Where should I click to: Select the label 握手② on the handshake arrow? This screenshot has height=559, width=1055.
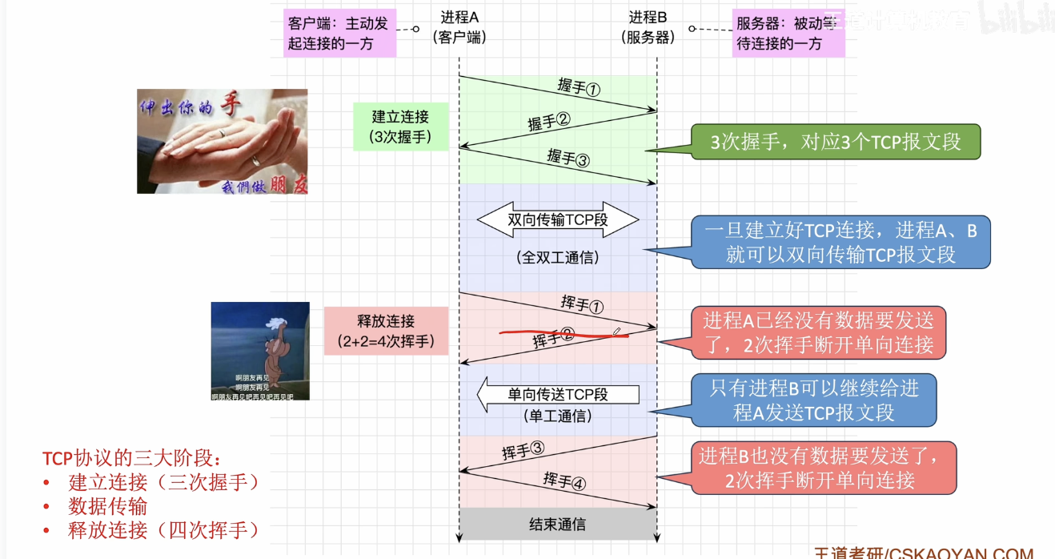point(548,123)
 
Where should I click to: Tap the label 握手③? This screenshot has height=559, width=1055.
point(568,157)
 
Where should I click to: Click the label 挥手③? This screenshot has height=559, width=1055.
point(523,450)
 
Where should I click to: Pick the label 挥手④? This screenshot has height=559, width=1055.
point(564,481)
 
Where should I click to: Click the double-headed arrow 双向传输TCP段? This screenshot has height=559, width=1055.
point(558,219)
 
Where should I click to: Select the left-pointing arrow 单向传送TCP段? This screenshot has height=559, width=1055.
point(558,395)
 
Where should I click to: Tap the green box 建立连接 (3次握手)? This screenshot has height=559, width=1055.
point(401,127)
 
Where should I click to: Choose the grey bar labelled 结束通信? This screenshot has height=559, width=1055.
point(558,525)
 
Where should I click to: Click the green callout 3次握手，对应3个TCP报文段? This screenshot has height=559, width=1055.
point(835,143)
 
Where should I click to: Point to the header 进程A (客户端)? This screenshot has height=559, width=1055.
point(459,27)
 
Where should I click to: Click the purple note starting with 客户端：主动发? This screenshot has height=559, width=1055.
point(339,33)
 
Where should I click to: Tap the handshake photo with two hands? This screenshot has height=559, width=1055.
point(222,141)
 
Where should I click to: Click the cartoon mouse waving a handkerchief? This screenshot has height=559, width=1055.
point(260,351)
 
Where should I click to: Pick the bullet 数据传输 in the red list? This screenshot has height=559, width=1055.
point(108,505)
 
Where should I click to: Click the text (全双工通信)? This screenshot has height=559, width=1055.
point(558,258)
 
